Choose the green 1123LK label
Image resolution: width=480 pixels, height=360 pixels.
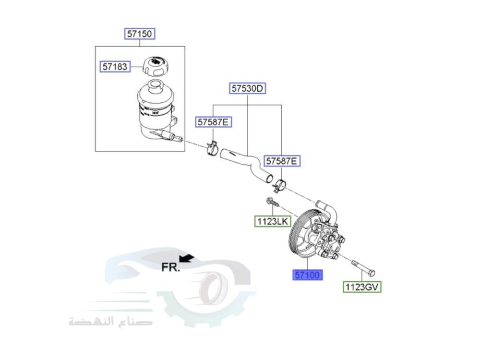[272, 221]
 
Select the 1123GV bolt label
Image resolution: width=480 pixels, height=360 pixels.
[362, 287]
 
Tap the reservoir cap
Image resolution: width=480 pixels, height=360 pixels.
[157, 65]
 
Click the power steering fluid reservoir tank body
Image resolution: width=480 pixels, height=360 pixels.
[154, 113]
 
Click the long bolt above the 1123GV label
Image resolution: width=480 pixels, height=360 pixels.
[363, 269]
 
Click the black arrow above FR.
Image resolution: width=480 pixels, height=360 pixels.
[187, 259]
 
